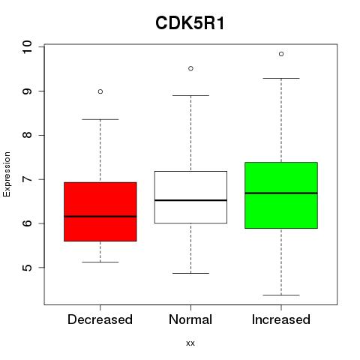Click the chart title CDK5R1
pos(190,23)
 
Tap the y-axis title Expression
pos(7,174)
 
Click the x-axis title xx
pos(190,343)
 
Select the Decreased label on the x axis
pos(100,319)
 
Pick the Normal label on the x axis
pos(190,319)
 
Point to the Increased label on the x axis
pos(281,319)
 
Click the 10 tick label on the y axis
pos(27,46)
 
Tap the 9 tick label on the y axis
pos(27,91)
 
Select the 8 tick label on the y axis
pos(27,135)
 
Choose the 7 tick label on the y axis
pos(27,179)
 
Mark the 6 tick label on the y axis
pos(27,223)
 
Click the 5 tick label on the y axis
pos(27,268)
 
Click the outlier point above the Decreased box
pos(100,91)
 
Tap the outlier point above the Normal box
pos(190,68)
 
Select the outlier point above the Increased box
pos(281,54)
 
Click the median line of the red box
pos(100,217)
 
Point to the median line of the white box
pos(190,200)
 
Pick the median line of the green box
pos(281,193)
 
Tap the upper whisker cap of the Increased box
pos(281,78)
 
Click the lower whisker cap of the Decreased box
pos(100,262)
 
